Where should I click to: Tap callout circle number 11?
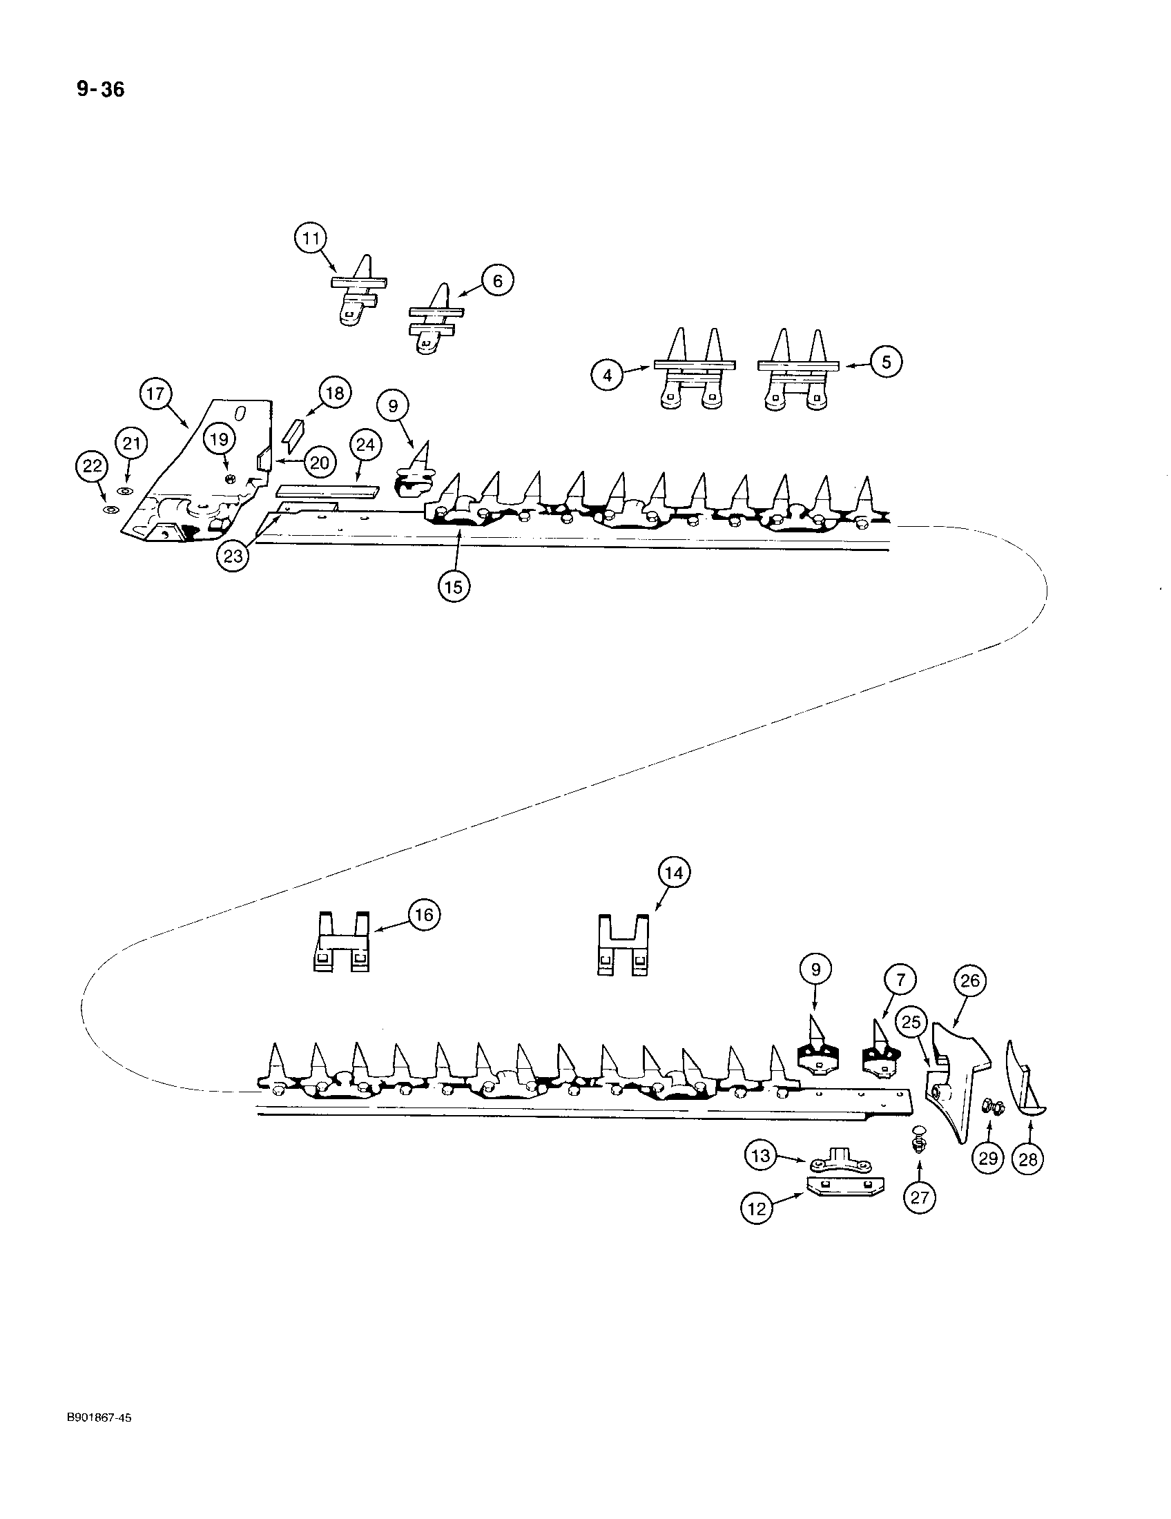[x=310, y=239]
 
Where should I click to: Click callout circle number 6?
[x=497, y=281]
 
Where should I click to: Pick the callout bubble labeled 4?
[x=608, y=376]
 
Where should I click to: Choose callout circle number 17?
[x=155, y=394]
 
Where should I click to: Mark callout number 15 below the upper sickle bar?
[x=454, y=586]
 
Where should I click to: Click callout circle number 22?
[x=92, y=466]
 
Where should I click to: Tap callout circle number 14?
[x=674, y=873]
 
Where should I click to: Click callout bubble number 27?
[x=919, y=1198]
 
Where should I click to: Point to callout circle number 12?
[x=757, y=1209]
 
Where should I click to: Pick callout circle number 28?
[x=1029, y=1159]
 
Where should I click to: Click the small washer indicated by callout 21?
[x=126, y=491]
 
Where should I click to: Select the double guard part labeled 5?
[x=797, y=382]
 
